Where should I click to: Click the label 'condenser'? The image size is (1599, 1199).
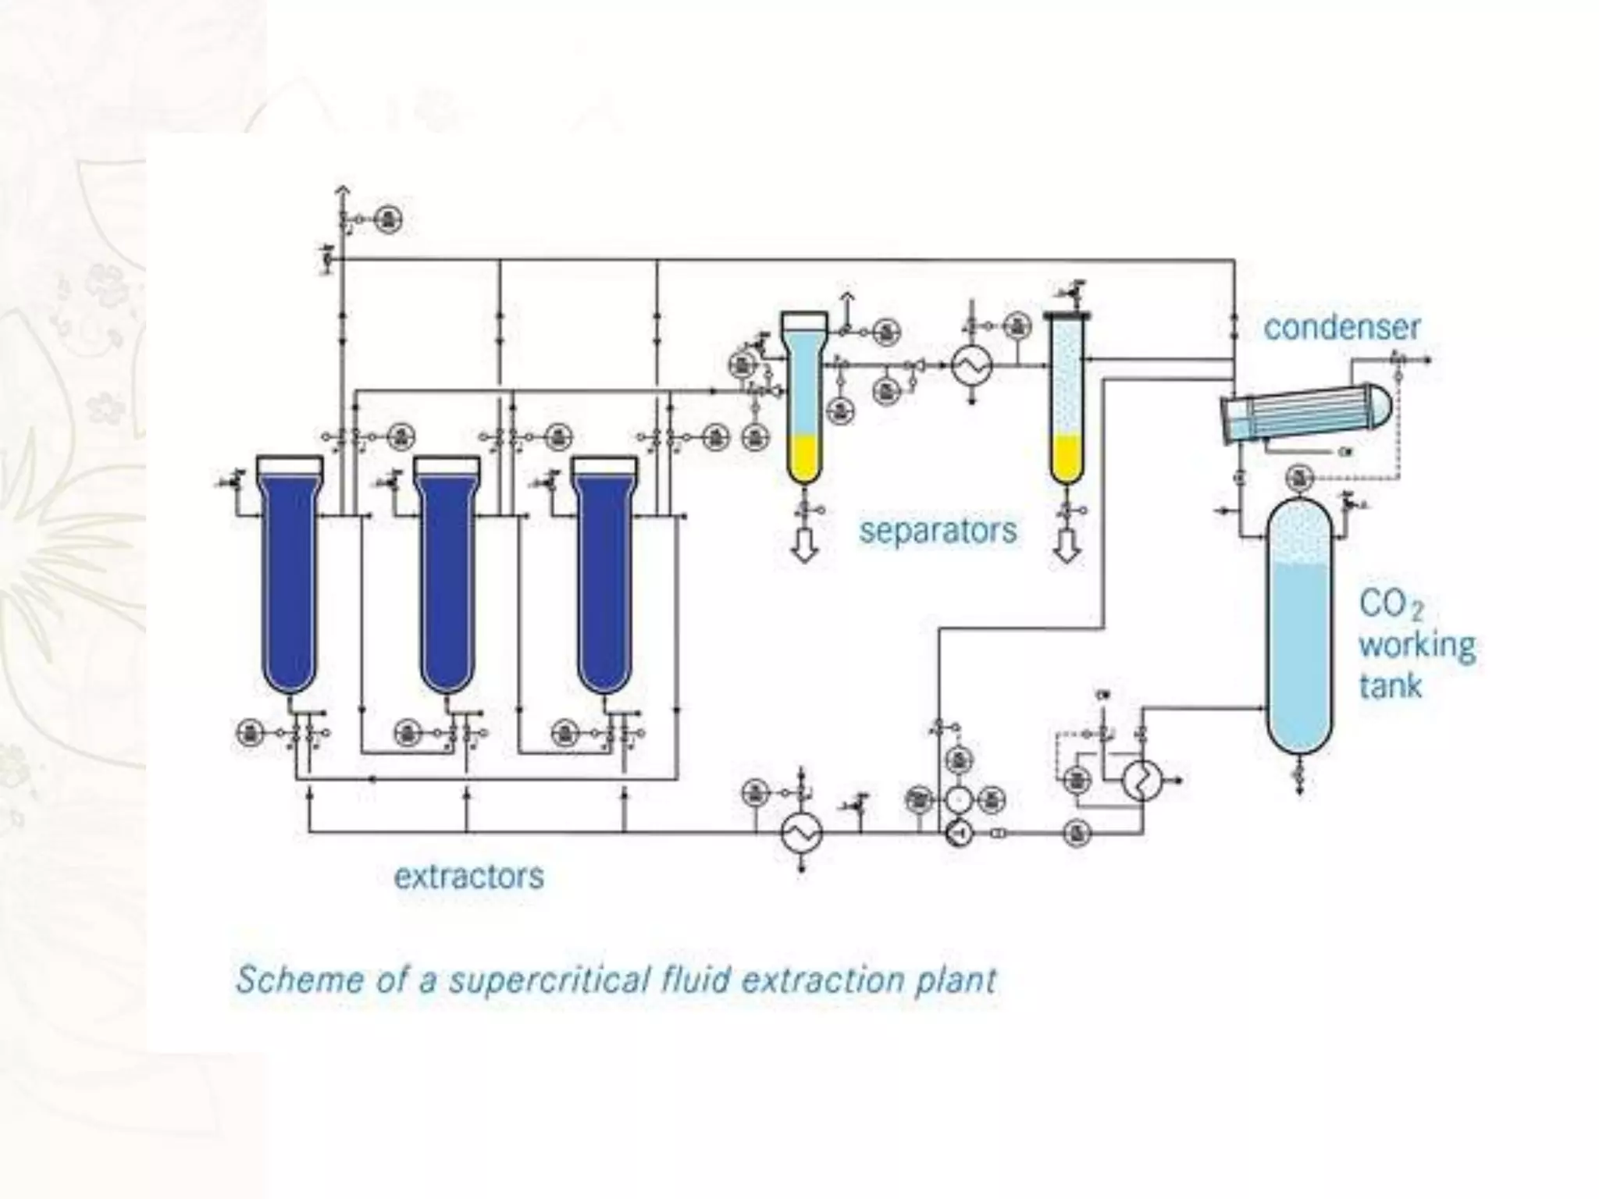[1341, 327]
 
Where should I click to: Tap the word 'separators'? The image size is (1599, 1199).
[938, 531]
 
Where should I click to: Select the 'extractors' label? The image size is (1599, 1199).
[468, 876]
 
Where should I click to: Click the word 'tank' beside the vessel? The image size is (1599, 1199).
[1390, 686]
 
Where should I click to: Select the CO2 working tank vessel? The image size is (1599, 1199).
[1298, 640]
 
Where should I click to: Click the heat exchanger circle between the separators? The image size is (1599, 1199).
[972, 365]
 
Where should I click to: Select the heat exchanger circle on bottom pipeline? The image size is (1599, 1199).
[801, 834]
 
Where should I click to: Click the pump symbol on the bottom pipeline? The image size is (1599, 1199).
[958, 834]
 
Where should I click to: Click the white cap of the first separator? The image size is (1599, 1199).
[804, 321]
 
